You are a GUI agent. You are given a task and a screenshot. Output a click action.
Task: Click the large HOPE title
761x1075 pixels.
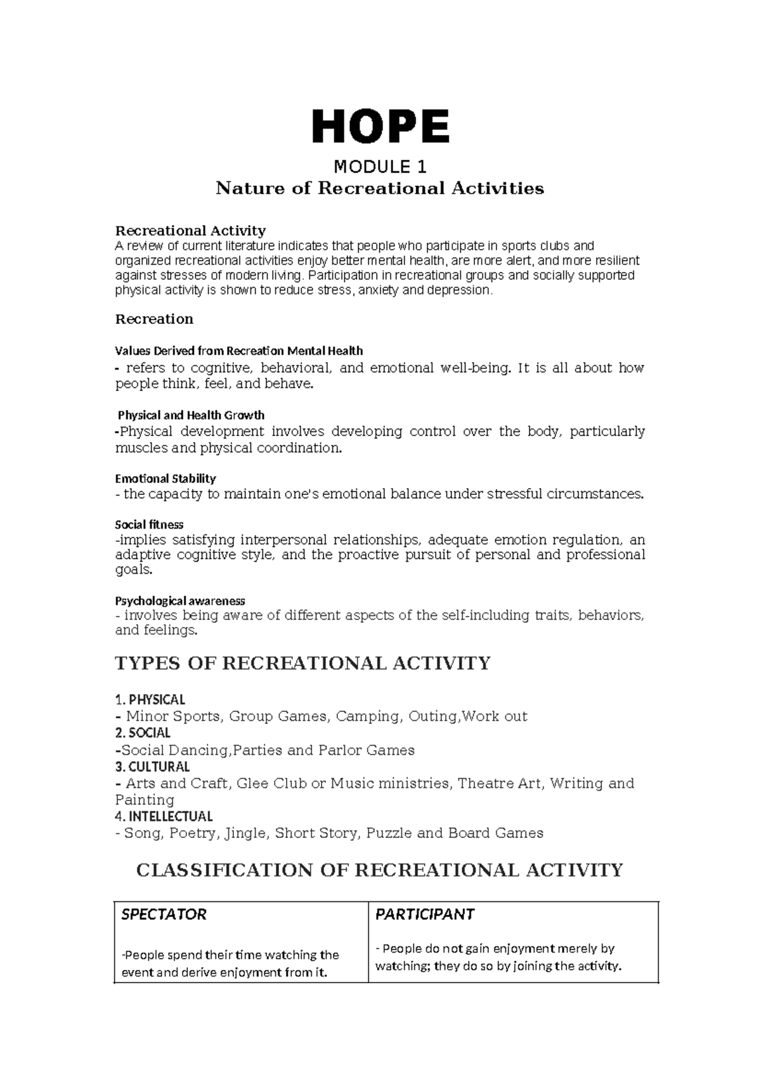pos(380,126)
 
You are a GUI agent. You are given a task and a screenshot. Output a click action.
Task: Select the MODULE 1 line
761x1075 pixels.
pos(380,167)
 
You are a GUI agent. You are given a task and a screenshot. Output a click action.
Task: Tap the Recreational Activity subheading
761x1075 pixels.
pos(190,230)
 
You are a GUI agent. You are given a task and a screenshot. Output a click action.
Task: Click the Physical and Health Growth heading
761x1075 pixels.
pos(192,415)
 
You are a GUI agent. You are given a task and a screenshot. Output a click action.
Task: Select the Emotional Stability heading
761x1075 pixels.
pos(166,479)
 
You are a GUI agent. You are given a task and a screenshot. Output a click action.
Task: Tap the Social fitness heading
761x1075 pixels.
pos(149,525)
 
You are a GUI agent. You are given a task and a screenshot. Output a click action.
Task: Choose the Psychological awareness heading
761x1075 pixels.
pos(180,600)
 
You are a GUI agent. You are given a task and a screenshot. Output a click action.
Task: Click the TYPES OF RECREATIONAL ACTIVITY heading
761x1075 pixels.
pos(302,663)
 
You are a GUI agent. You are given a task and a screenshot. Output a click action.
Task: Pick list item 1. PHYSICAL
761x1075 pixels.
pos(150,700)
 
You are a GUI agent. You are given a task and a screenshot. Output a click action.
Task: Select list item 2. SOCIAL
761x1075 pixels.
pos(143,733)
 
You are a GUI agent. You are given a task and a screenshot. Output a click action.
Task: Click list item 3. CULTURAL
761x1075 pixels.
pos(152,766)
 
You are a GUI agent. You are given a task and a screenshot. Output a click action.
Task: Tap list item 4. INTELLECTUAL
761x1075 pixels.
pos(164,816)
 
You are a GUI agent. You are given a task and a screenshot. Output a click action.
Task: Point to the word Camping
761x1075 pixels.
pos(368,716)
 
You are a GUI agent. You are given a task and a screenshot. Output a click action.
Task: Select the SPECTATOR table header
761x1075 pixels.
pos(164,914)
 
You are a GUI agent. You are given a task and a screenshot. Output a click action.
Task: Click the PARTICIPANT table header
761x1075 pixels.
pos(425,914)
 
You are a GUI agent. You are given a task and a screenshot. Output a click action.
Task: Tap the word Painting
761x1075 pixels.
pos(145,800)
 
